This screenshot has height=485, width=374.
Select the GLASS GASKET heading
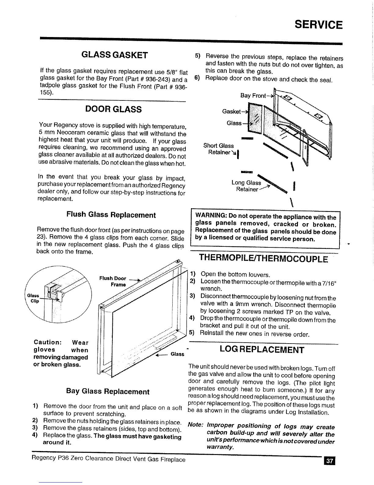point(115,55)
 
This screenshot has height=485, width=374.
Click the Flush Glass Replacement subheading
point(111,215)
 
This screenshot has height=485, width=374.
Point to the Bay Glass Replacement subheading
point(108,392)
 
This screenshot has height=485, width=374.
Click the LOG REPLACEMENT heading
point(262,350)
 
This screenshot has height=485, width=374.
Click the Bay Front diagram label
point(253,96)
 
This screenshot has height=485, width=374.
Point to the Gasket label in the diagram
point(232,111)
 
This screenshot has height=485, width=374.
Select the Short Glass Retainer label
point(219,149)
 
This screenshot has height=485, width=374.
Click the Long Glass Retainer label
point(247,186)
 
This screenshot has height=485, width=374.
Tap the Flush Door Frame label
point(113,281)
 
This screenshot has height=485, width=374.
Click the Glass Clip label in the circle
point(33,298)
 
